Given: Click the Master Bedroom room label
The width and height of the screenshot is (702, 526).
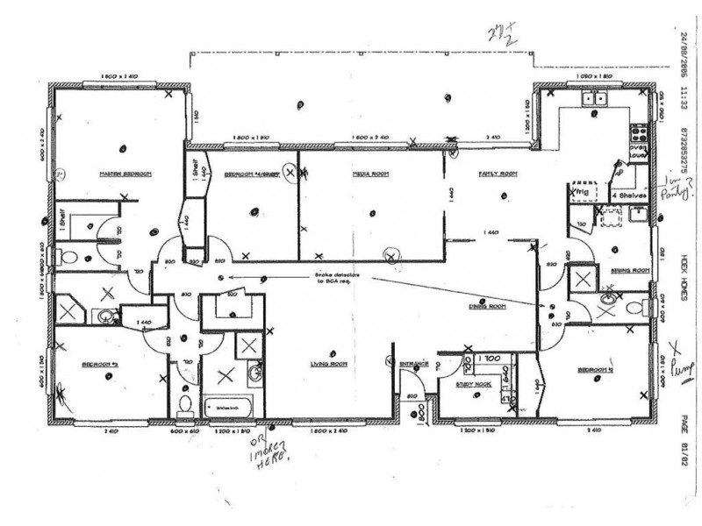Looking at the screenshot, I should pos(125,174).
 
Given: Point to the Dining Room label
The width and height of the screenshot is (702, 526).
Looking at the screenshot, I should pos(488,306).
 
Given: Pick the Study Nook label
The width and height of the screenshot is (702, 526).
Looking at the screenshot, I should pos(470,384).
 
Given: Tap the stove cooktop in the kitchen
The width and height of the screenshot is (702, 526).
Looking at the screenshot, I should pos(639,135).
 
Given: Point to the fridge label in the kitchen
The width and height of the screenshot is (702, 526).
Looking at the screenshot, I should pos(581,188).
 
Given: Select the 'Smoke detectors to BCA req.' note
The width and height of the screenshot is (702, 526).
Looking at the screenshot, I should pos(335,278).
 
